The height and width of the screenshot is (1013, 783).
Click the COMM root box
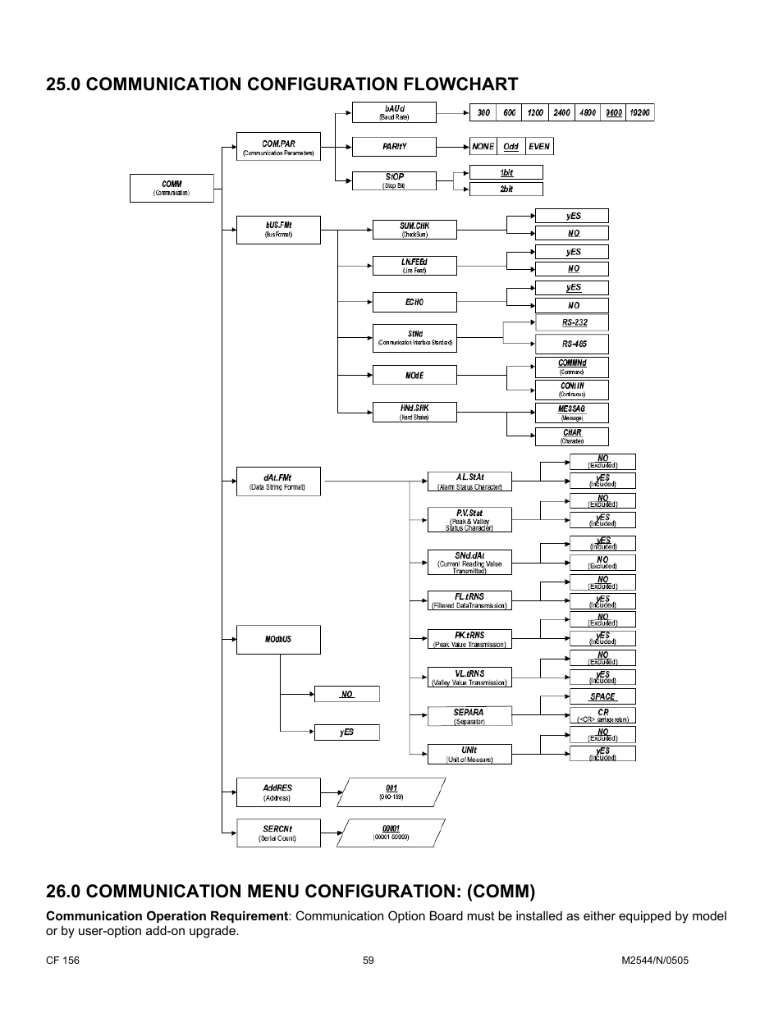pos(172,188)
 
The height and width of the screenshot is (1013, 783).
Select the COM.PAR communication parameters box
pos(278,147)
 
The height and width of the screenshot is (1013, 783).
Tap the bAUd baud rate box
pos(394,112)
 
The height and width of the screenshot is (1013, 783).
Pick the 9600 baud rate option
pos(613,112)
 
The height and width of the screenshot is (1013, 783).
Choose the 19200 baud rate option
pos(640,112)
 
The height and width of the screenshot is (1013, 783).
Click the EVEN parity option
pos(538,146)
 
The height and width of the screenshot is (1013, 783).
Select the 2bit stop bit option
pos(506,189)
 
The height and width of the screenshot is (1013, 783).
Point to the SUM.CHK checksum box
pos(414,229)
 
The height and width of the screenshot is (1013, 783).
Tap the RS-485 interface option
pos(573,344)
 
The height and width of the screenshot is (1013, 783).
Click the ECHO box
pos(414,302)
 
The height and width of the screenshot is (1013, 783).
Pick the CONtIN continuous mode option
pos(572,389)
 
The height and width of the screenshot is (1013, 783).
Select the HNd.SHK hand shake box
pos(414,412)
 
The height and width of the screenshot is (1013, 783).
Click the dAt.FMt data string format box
pos(278,481)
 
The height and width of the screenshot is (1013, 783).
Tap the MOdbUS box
pos(278,639)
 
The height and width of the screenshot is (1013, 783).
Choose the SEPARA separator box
pos(469,716)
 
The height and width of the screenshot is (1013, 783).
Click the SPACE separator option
pos(602,696)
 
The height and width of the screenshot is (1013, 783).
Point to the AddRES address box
pos(278,792)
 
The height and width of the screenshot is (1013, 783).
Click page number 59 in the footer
pos(369,961)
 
